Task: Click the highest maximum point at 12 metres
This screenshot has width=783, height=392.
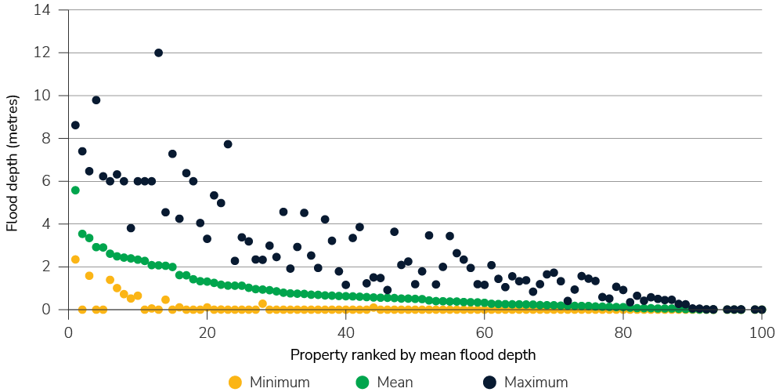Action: (158, 53)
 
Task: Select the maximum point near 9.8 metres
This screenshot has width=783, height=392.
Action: (96, 100)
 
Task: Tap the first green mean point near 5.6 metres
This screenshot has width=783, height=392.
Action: (75, 190)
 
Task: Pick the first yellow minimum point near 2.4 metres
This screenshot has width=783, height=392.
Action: (75, 259)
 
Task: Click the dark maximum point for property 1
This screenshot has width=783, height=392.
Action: (75, 125)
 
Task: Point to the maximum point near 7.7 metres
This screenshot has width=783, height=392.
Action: (228, 144)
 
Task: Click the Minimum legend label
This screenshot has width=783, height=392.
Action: (280, 383)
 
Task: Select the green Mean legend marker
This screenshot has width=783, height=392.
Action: (362, 383)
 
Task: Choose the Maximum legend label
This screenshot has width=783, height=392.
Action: (536, 383)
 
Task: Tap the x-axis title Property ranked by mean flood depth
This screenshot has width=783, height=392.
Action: (413, 355)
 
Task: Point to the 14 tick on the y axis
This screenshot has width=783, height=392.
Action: (41, 10)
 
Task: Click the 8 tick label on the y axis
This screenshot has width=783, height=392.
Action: (45, 139)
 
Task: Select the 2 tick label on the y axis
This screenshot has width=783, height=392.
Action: (45, 267)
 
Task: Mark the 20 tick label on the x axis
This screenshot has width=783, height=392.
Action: (207, 331)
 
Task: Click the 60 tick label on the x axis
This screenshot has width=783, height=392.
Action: (485, 331)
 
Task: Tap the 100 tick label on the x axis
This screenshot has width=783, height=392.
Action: (762, 331)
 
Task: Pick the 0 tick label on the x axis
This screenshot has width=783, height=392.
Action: (68, 331)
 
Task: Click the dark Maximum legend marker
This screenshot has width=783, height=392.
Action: (490, 383)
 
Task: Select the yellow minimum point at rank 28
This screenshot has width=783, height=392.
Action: (262, 303)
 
